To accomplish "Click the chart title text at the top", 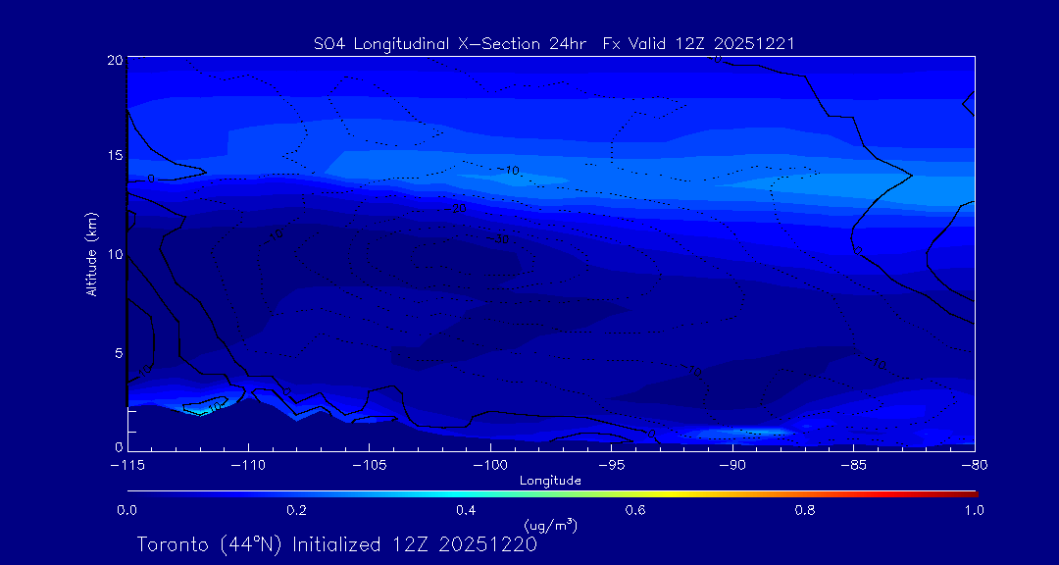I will tap(553, 43).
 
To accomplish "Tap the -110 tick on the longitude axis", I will tap(248, 464).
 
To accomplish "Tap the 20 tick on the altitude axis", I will tap(114, 61).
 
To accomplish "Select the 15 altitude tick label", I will tap(114, 157).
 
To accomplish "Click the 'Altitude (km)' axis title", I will tap(91, 254).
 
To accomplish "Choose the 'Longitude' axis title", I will tap(551, 481).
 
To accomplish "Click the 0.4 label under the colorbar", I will tap(466, 510).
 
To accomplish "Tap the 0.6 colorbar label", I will tap(635, 510).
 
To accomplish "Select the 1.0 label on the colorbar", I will tap(975, 510).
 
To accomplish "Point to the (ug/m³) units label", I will tap(551, 526).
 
